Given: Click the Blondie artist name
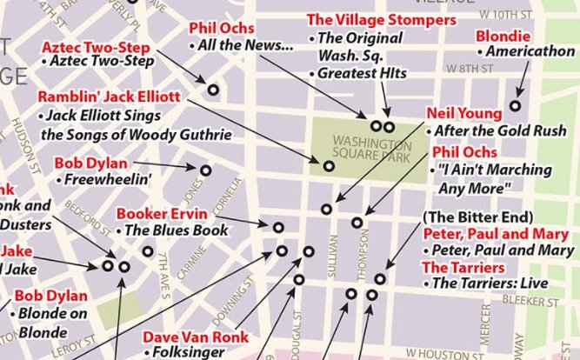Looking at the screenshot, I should pyautogui.click(x=503, y=36).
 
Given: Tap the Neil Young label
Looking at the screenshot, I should pyautogui.click(x=463, y=114).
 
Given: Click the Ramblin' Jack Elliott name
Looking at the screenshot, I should pyautogui.click(x=108, y=97).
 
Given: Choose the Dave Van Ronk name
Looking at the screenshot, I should pyautogui.click(x=196, y=337).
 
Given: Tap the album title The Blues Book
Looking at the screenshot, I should pyautogui.click(x=176, y=230).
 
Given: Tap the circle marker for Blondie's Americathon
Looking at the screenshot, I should pyautogui.click(x=515, y=106).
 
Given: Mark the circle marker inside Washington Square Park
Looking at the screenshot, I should pyautogui.click(x=329, y=165).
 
